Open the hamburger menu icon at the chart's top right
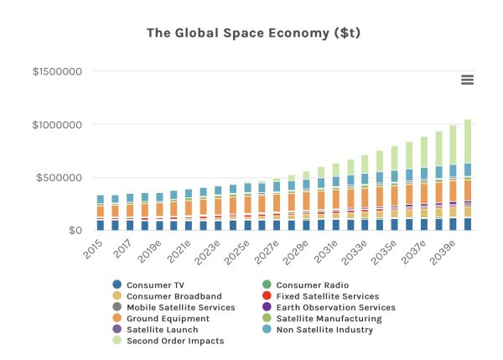467,80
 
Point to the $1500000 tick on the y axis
56,72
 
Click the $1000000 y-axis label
56,125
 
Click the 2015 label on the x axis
91,249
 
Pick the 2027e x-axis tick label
266,252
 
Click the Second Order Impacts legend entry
174,341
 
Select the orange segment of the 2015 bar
101,211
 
